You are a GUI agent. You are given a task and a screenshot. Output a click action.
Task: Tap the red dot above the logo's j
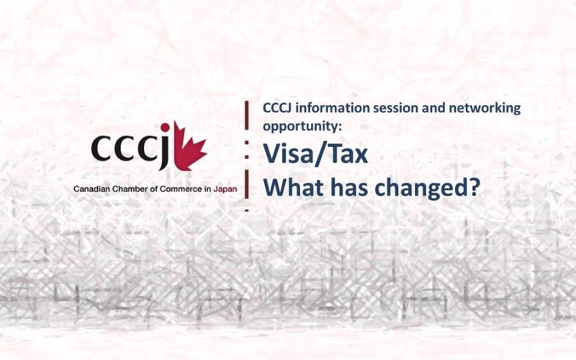(x=165, y=127)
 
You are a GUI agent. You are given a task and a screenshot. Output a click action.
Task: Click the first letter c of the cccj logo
(x=101, y=148)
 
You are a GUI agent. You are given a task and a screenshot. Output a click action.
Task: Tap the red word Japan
(x=225, y=189)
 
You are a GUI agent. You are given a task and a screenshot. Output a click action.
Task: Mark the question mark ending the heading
(x=474, y=186)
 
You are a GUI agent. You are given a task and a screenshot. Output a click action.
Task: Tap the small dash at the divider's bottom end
(x=246, y=210)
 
